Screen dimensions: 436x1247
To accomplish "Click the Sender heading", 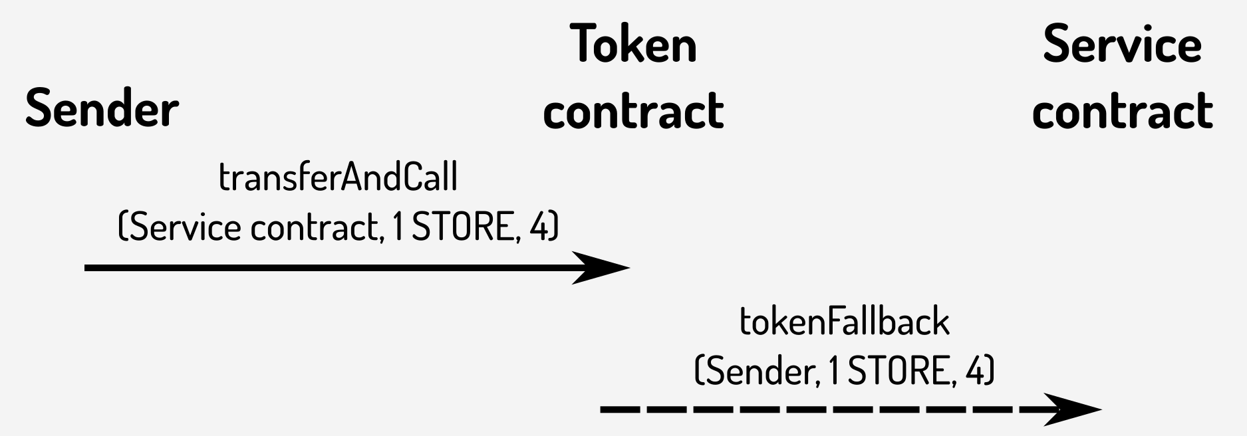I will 102,109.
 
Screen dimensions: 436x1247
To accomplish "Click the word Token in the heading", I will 633,45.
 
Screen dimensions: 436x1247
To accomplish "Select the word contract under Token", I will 633,110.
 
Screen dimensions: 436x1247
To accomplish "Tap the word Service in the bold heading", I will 1122,45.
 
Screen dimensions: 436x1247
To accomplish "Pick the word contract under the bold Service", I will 1122,110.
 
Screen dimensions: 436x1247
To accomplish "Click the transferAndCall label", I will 338,178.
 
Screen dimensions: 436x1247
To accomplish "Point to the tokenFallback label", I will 844,322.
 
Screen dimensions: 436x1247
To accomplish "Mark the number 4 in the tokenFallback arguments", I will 976,371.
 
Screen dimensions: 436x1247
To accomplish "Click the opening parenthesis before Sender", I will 698,371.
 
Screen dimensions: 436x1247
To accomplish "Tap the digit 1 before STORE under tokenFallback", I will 834,371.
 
